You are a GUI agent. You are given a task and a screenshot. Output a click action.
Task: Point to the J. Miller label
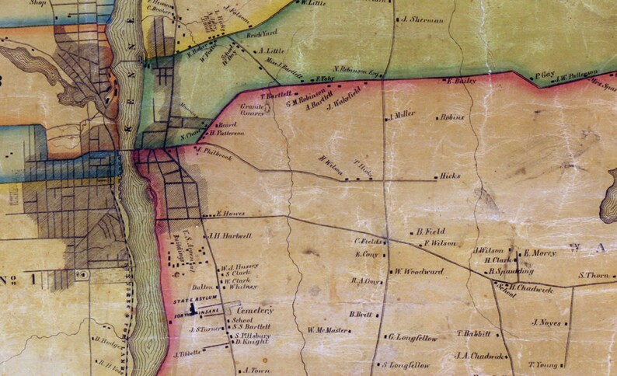(x=403, y=114)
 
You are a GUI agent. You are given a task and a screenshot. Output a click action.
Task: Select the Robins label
(x=451, y=117)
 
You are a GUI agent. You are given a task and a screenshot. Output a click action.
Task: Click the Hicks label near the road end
(x=450, y=176)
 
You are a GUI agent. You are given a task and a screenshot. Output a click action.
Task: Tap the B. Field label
(x=431, y=232)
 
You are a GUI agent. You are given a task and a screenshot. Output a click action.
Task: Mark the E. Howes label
(x=231, y=213)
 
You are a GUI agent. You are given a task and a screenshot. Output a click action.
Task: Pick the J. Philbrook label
(x=217, y=152)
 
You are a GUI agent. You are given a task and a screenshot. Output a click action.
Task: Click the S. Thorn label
(x=595, y=275)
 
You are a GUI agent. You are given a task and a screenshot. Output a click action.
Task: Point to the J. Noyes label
(x=547, y=322)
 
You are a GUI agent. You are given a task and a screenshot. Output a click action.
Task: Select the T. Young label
(x=544, y=364)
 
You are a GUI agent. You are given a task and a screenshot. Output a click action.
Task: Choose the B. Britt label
(x=362, y=315)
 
